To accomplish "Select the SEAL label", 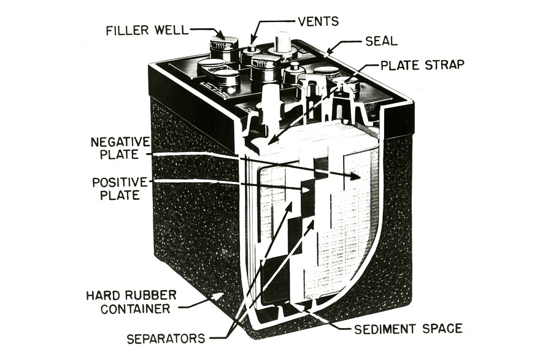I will click(381, 41).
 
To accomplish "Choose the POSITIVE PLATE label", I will click(120, 189).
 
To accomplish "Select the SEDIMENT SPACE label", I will click(408, 329).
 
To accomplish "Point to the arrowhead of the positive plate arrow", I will click(307, 191).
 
